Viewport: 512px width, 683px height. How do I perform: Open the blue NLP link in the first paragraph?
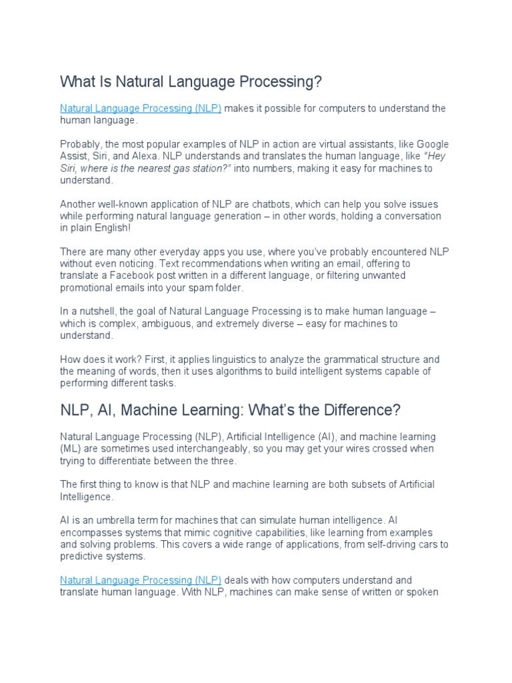click(x=141, y=108)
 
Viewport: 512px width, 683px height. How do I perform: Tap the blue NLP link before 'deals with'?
click(x=141, y=580)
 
